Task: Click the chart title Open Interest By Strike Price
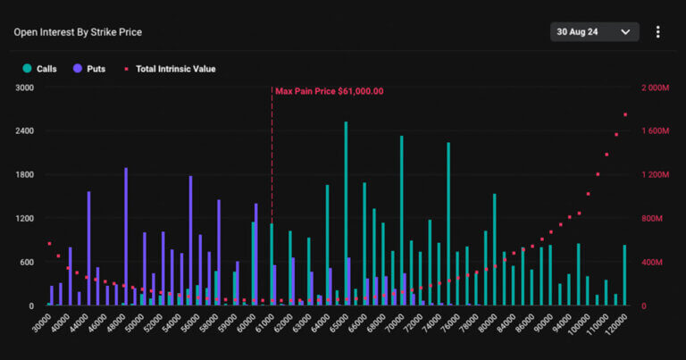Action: tap(78, 32)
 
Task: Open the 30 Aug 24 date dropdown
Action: tap(594, 32)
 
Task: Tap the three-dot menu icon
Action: tap(658, 32)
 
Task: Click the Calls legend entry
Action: tap(40, 68)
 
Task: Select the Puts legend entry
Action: tap(90, 68)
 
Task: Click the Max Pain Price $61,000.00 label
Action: tap(329, 91)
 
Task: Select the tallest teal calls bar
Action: tap(346, 214)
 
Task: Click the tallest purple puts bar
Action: tap(126, 237)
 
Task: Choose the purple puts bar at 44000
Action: tap(88, 248)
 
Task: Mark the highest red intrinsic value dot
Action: tap(625, 114)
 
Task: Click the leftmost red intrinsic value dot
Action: tap(49, 243)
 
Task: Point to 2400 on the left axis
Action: tap(24, 131)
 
